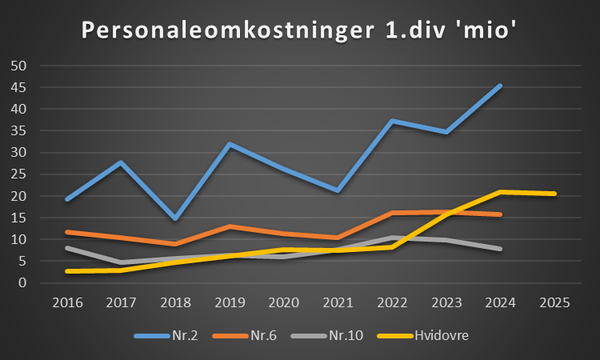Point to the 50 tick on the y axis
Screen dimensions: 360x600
(x=18, y=66)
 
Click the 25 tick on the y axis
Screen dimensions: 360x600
(x=18, y=174)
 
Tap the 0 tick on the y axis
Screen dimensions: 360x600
(x=22, y=283)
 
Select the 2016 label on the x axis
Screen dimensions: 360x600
(x=67, y=302)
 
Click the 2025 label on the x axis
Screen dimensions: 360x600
(x=555, y=302)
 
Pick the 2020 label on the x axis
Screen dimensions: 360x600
(x=284, y=302)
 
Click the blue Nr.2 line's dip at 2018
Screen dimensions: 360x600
(x=175, y=218)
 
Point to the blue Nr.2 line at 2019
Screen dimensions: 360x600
(x=230, y=144)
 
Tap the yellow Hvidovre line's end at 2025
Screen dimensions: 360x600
(x=554, y=194)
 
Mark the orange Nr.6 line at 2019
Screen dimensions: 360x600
(x=230, y=226)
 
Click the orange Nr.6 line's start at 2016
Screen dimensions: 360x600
(x=67, y=232)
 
